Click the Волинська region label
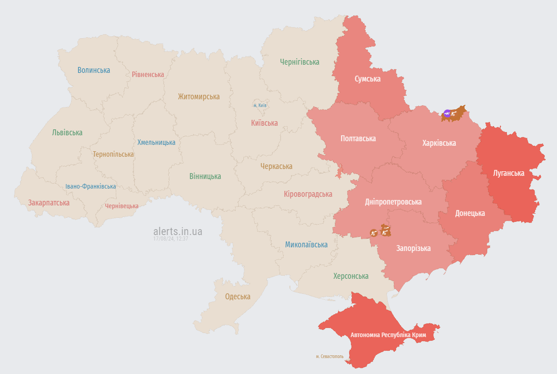93,70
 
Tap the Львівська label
67,133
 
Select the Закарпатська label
49,203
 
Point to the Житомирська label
199,97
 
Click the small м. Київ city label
260,105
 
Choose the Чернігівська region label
299,62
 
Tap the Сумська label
367,79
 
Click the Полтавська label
358,138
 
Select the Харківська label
439,143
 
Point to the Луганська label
509,173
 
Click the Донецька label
470,213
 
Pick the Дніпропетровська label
393,202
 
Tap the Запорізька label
413,248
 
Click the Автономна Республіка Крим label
388,335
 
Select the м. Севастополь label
330,356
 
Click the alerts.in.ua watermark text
178,231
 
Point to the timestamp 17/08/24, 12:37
171,239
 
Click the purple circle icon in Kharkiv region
447,113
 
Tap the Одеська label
237,297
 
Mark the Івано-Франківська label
90,186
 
